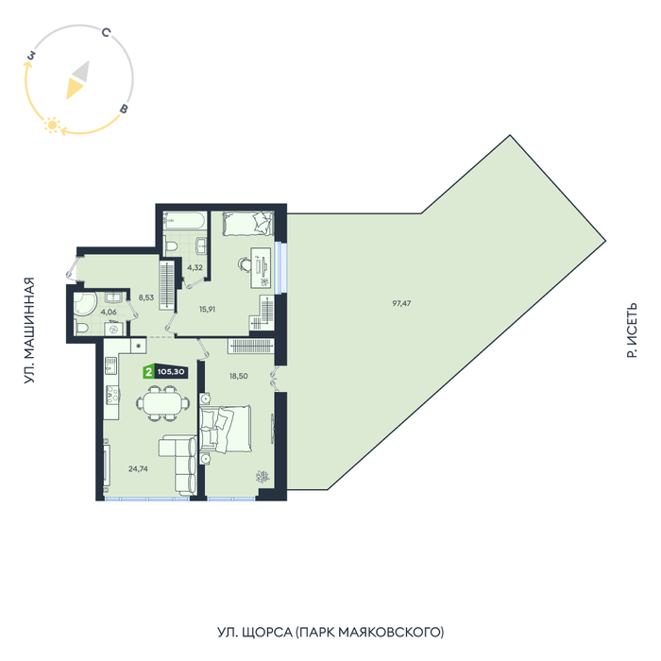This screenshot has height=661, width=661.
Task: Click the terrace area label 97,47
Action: (401, 303)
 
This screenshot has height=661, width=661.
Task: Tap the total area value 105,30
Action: (171, 372)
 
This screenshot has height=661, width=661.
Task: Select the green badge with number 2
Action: (148, 372)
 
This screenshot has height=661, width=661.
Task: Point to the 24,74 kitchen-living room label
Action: (138, 468)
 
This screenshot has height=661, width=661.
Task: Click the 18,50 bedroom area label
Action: (239, 376)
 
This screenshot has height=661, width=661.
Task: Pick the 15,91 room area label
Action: (207, 309)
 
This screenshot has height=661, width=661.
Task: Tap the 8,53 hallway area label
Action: (145, 297)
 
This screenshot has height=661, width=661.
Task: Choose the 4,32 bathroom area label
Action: (195, 267)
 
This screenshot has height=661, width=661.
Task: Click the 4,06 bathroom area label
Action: (109, 312)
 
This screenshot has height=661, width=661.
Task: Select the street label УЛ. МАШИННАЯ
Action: (28, 330)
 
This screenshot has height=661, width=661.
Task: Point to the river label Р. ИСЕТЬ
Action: (632, 330)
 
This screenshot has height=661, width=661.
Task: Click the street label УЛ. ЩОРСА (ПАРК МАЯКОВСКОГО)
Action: (330, 633)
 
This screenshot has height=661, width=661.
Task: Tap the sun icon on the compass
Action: (52, 126)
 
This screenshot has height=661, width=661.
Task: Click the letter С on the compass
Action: (106, 32)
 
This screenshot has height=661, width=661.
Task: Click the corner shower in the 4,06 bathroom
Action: (85, 303)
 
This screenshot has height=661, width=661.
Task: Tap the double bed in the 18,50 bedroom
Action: (226, 429)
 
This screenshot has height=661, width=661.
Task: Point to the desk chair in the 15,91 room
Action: (244, 264)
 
